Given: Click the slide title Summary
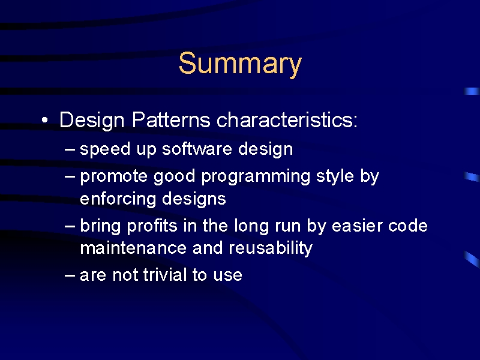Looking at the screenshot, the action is (240, 64).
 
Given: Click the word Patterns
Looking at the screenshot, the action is (171, 119).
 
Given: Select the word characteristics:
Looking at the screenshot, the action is (287, 119).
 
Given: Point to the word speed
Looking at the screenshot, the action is (105, 149).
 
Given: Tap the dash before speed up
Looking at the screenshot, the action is (70, 149).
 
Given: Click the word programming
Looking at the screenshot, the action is (256, 177).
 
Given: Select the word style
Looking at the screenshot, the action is (335, 176).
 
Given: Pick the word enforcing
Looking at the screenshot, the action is (118, 199).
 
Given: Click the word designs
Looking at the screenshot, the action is (194, 199).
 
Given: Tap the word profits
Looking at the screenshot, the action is (152, 226).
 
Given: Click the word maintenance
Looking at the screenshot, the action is (133, 248).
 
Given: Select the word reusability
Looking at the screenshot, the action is (271, 248).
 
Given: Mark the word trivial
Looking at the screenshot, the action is (165, 275).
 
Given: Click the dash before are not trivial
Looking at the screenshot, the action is (70, 275).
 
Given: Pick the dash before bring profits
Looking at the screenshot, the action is (70, 227).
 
